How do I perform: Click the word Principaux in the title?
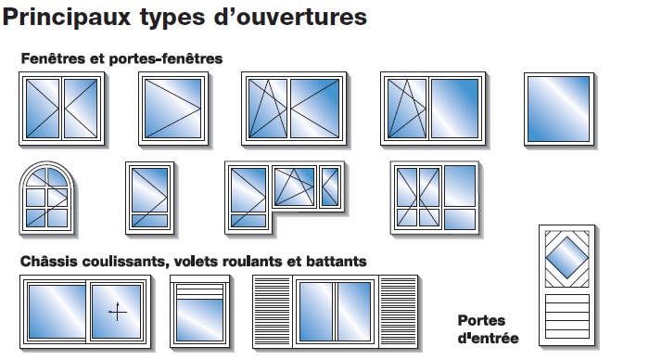click(x=66, y=18)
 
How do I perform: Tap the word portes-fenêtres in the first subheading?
click(x=166, y=58)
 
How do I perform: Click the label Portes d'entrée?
click(x=488, y=329)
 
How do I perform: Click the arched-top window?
click(x=47, y=198)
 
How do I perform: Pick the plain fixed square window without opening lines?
click(x=559, y=109)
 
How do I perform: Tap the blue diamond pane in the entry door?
click(x=566, y=258)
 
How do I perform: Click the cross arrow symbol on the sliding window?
click(x=118, y=312)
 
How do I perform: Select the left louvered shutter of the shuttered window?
click(x=273, y=311)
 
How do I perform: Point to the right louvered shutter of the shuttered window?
click(x=398, y=311)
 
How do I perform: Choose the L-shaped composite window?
click(x=285, y=198)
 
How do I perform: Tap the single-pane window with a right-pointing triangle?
click(x=173, y=109)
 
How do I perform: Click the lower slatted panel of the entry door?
click(x=567, y=316)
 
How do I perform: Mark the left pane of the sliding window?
click(x=57, y=311)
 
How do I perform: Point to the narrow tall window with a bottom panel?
click(x=149, y=198)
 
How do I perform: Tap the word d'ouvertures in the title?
click(x=290, y=18)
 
